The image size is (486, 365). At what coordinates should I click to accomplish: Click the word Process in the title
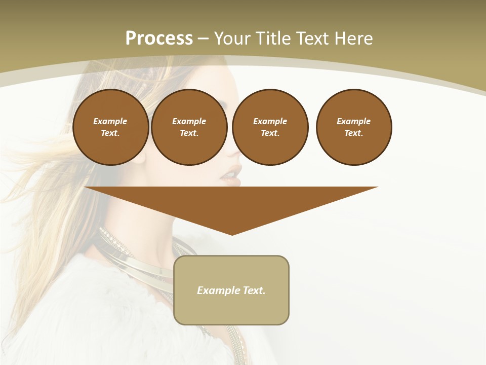pos(159,39)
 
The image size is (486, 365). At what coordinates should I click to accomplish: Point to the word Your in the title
pos(233,39)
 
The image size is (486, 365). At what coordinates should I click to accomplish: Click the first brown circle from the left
pos(110,127)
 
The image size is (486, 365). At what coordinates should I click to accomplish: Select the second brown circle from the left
pos(189,127)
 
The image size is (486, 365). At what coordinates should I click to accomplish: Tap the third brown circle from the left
pos(270,127)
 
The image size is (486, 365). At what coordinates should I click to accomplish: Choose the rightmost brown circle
pos(353,127)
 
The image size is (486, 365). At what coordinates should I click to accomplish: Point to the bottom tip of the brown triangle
pos(232,234)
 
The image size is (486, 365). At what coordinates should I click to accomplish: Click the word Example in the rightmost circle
pos(353,121)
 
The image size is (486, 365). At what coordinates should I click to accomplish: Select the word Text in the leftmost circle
pos(109,133)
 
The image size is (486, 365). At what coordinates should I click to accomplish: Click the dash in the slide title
pos(203,39)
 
